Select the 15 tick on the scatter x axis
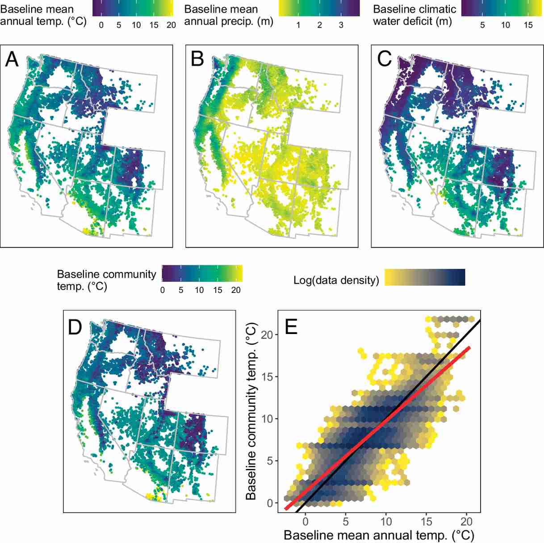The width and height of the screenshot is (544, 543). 427,521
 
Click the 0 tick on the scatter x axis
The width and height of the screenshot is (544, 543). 305,521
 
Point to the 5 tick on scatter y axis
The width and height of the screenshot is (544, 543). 269,461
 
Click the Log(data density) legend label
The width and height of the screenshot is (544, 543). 336,280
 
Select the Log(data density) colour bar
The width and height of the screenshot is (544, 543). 425,277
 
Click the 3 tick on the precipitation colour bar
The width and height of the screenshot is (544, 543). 341,25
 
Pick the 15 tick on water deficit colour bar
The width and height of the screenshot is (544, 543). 528,25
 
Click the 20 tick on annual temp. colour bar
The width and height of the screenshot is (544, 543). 171,25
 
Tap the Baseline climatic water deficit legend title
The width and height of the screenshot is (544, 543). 414,15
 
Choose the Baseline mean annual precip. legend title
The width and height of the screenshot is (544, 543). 229,15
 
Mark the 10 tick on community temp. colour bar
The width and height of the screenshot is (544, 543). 199,290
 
